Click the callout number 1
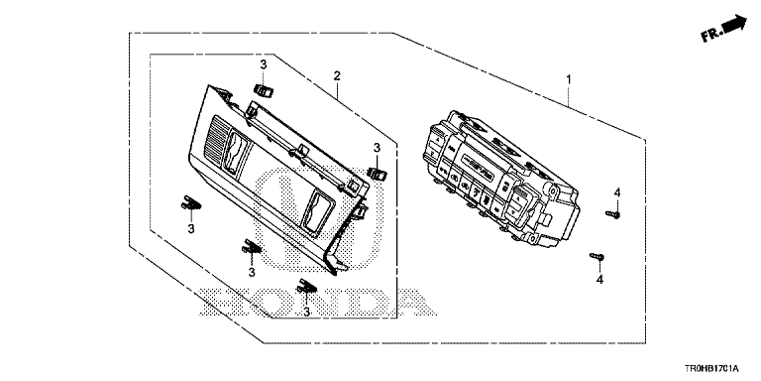coord(569,78)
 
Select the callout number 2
coord(336,75)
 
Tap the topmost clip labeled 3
coord(263,90)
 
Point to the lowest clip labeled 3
coord(308,287)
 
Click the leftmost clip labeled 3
coord(190,202)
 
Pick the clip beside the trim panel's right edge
coord(378,172)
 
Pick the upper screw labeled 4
coord(613,214)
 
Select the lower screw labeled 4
coord(597,256)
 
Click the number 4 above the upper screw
coord(617,192)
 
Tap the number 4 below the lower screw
coord(599,280)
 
